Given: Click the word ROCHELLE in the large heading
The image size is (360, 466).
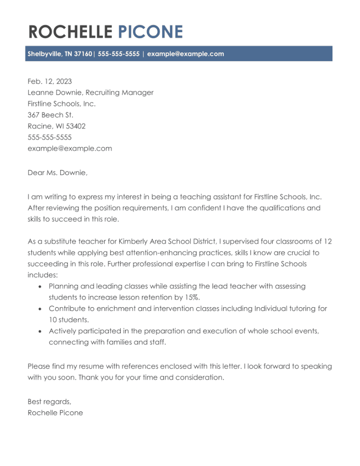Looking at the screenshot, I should coord(70,32).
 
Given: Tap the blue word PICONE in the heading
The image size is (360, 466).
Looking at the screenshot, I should coord(151,32).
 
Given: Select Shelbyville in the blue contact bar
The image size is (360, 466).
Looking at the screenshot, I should coord(44,54).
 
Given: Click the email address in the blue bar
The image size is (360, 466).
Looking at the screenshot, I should coord(186,54).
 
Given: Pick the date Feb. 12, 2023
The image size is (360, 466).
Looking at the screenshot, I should coord(50,81).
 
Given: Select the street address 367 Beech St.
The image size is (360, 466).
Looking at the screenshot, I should coord(51,115).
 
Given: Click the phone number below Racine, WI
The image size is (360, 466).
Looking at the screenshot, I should coord(50,137).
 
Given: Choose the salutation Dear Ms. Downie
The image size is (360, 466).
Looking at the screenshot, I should coord(57,173).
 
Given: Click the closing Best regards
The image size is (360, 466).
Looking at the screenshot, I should coord(50,402).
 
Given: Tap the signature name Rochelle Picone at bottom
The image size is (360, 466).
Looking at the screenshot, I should coord(55,413).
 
